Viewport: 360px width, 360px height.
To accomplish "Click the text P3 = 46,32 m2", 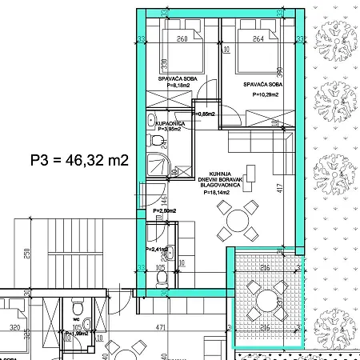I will [79, 160].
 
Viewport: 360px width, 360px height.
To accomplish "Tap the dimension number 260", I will [182, 38].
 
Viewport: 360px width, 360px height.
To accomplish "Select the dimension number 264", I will [246, 38].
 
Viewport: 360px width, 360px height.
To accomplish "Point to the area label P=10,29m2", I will [265, 94].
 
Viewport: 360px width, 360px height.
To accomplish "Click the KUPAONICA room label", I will [171, 122].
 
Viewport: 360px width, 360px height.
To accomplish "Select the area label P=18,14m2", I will [218, 193].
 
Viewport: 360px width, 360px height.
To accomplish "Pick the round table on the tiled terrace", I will [266, 300].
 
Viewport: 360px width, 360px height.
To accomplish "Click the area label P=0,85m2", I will [206, 114].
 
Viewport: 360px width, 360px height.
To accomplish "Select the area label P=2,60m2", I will [165, 210].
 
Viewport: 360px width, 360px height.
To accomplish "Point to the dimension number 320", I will [15, 327].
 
